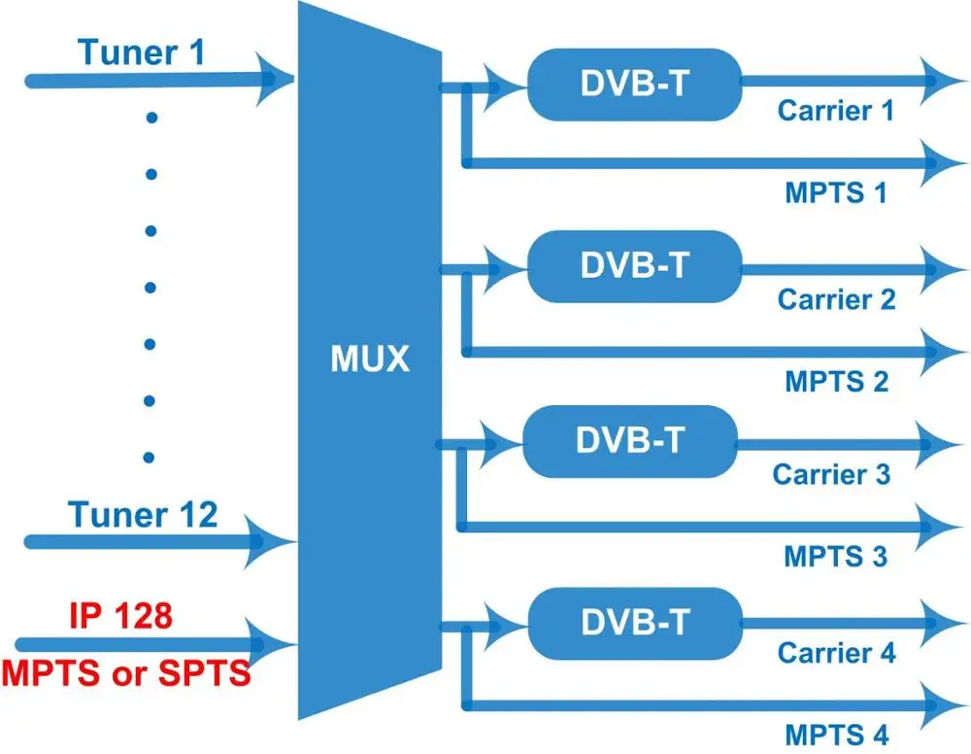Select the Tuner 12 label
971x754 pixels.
pyautogui.click(x=143, y=514)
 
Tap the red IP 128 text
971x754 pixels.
pyautogui.click(x=120, y=616)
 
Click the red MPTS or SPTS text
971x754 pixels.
pyautogui.click(x=125, y=671)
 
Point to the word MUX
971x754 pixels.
pyautogui.click(x=370, y=360)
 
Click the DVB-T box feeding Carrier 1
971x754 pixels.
pyautogui.click(x=633, y=85)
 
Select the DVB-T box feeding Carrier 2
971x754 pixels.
pyautogui.click(x=633, y=265)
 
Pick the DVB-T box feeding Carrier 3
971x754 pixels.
pyautogui.click(x=629, y=440)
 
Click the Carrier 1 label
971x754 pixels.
pyautogui.click(x=836, y=110)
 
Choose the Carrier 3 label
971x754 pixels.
pyautogui.click(x=831, y=475)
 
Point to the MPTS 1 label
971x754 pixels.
pyautogui.click(x=836, y=192)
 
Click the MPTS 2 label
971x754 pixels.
pyautogui.click(x=837, y=380)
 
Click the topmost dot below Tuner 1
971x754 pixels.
pyautogui.click(x=151, y=118)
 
